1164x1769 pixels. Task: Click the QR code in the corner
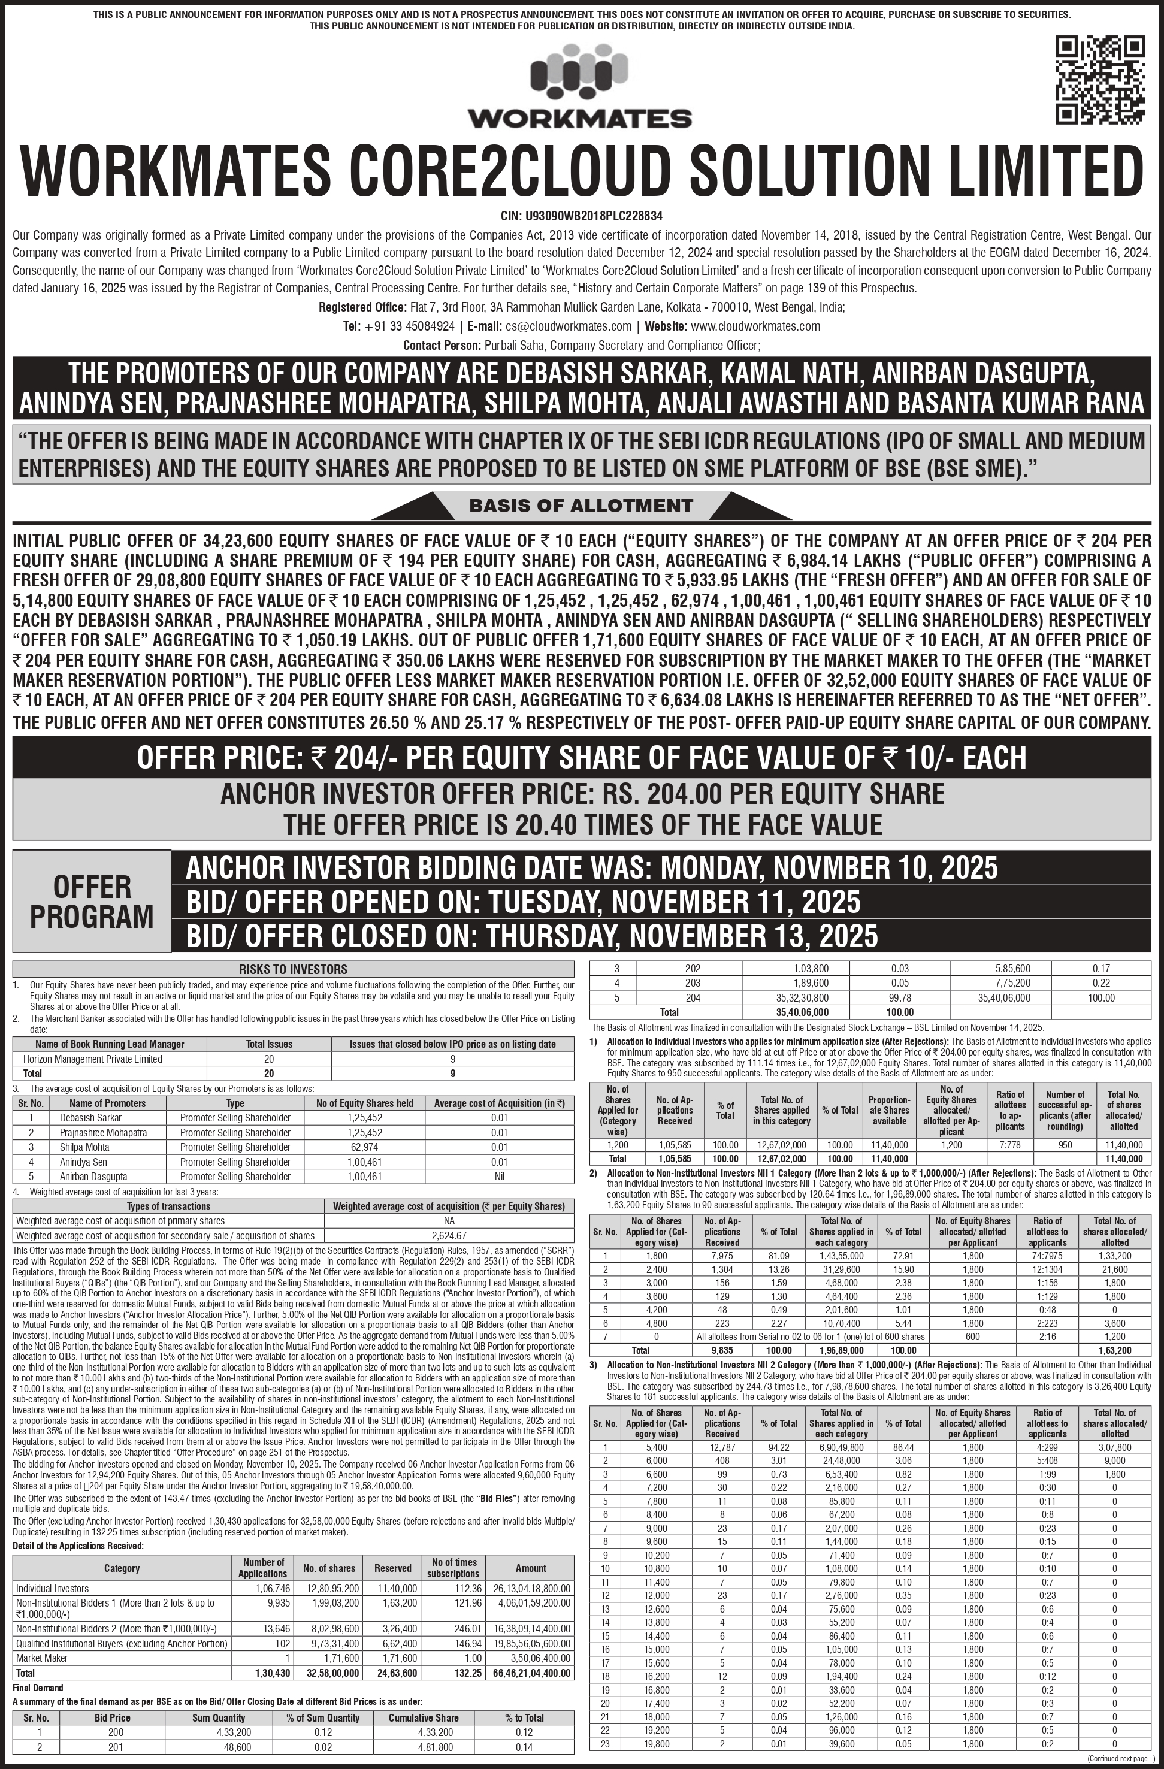1101,80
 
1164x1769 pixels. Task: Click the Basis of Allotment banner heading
581,506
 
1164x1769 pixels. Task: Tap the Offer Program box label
92,901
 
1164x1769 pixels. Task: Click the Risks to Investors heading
293,969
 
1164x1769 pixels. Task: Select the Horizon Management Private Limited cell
93,1059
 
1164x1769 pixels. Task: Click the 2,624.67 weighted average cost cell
449,1235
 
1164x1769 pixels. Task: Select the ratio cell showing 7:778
1010,1145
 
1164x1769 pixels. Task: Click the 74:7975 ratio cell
1047,1256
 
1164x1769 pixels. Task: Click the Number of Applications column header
262,1568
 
